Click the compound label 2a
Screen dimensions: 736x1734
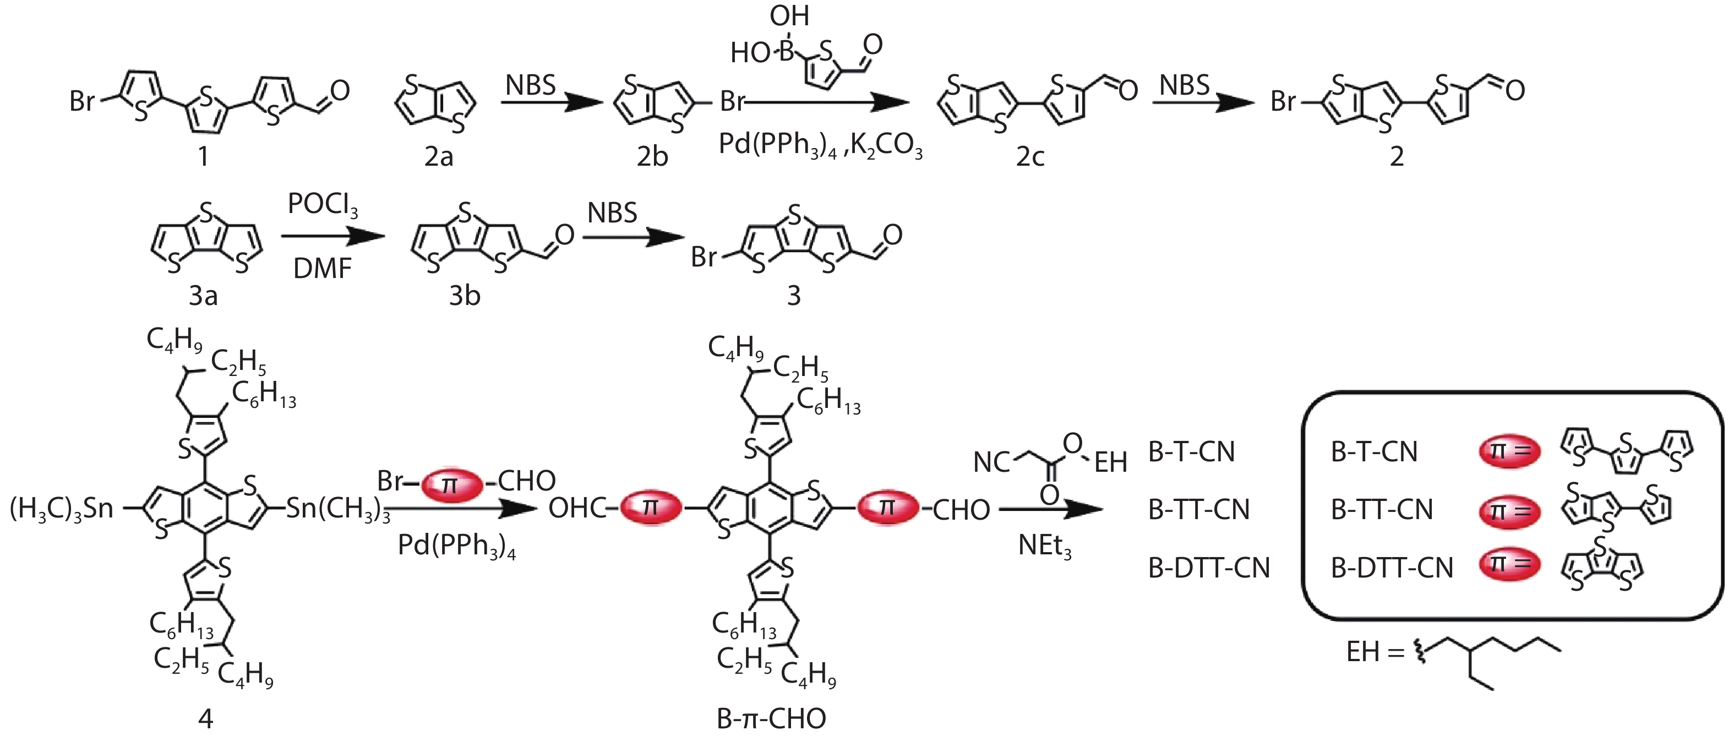(438, 157)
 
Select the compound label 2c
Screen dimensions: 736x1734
(1030, 157)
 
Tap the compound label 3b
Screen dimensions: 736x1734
(465, 296)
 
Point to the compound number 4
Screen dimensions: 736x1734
(205, 719)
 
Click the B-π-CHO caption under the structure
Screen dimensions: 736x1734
(771, 719)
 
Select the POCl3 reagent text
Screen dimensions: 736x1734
(323, 204)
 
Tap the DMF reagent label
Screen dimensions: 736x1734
(323, 269)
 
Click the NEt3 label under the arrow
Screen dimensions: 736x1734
(1044, 546)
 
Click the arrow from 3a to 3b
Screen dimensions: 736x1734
(332, 236)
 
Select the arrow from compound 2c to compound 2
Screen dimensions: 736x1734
(1203, 103)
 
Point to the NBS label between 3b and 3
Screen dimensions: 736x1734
(612, 214)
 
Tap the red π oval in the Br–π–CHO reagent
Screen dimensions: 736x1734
(451, 483)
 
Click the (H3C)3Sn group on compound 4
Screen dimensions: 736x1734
(61, 509)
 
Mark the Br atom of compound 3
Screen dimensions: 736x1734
(704, 257)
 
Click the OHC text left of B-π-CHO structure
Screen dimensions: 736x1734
(577, 509)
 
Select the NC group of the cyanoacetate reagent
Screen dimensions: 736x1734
(992, 462)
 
